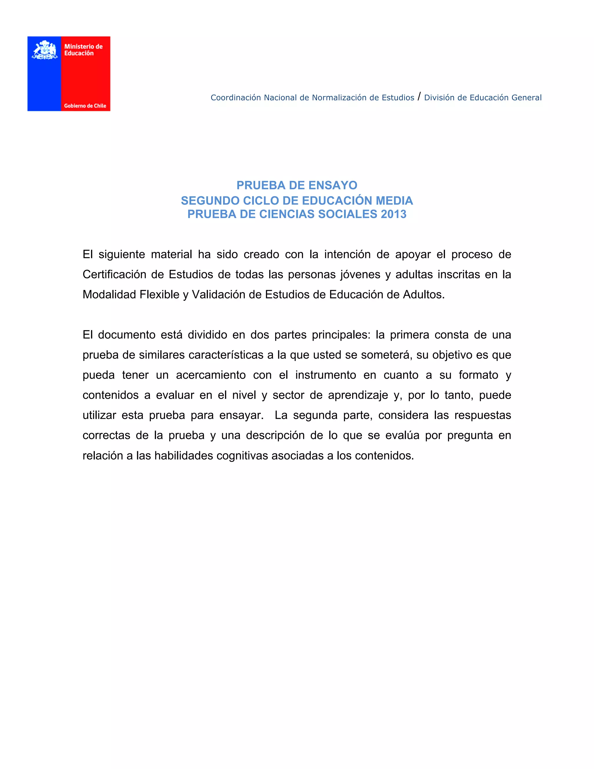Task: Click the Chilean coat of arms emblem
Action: pyautogui.click(x=45, y=50)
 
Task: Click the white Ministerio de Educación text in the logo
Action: pyautogui.click(x=84, y=50)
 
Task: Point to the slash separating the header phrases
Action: pyautogui.click(x=419, y=96)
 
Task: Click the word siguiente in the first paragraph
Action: pyautogui.click(x=122, y=254)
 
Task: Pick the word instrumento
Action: pyautogui.click(x=325, y=375)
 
